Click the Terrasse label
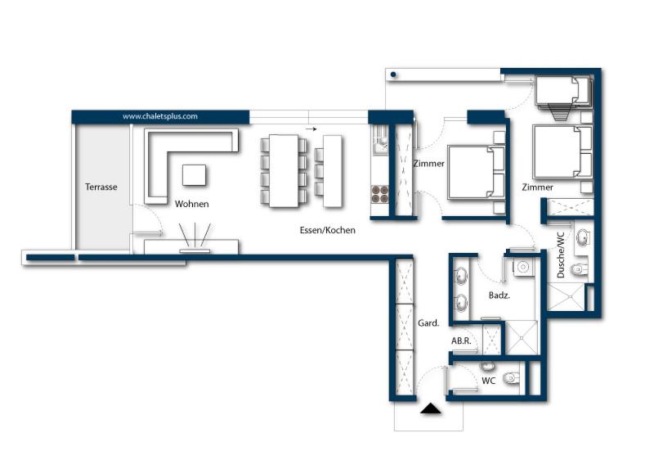coord(101,187)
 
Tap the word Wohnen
coord(191,204)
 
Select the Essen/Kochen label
coord(327,230)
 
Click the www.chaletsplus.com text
coord(160,116)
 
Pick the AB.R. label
coord(462,341)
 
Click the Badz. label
coord(499,295)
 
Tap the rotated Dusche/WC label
coord(561,256)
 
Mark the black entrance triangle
coord(430,408)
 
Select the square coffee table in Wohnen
coord(195,175)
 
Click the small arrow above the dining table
coord(311,129)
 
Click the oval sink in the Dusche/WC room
coord(582,238)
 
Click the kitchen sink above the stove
coord(379,146)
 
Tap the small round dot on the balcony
coord(393,74)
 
